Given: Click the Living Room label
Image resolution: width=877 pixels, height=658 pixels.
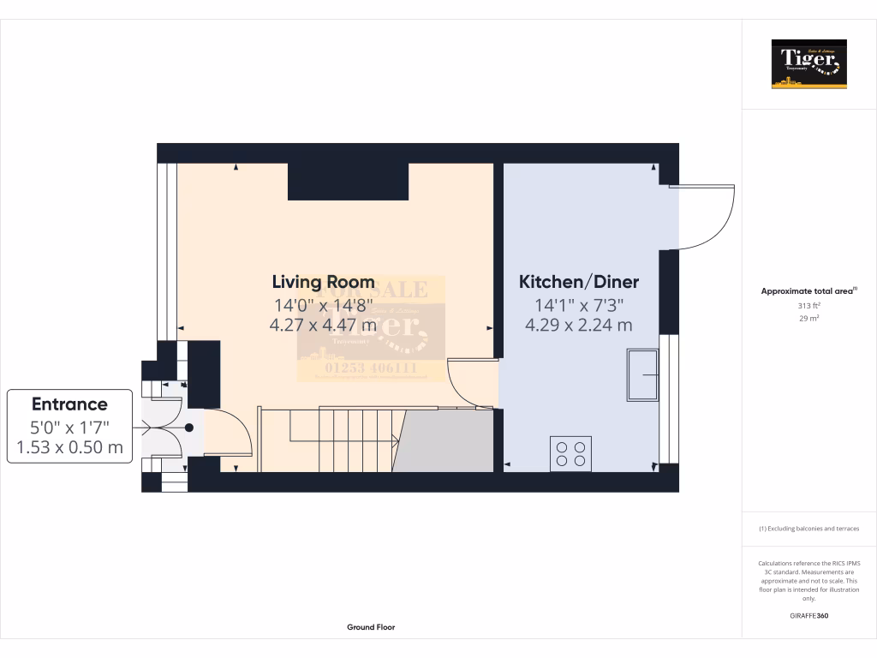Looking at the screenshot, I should [x=323, y=282].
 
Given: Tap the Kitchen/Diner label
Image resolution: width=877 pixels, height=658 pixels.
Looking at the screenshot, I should [x=579, y=282].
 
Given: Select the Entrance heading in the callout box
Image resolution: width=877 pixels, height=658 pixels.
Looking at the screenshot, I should [x=69, y=404].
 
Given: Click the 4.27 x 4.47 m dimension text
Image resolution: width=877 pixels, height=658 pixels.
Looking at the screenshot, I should [x=323, y=325].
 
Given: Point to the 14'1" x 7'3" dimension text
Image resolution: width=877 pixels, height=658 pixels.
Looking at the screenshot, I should [x=579, y=304].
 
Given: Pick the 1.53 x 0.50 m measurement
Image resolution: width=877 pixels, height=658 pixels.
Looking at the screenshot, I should [x=69, y=447].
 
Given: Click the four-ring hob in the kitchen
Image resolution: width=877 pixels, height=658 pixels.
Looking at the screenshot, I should [x=571, y=453].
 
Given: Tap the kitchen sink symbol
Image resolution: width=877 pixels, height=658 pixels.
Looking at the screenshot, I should [x=642, y=374].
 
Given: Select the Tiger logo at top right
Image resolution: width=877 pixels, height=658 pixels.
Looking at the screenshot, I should [x=808, y=64].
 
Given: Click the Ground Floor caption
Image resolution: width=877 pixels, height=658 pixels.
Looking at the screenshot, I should [x=371, y=627].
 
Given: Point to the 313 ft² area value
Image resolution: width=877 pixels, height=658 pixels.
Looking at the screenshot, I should [x=808, y=306].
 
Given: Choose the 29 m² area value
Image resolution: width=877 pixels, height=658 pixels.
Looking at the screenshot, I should [x=808, y=318].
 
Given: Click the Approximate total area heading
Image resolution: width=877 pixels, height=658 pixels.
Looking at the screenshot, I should [x=808, y=291].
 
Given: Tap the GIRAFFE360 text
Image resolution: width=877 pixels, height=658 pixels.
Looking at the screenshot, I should [x=808, y=616].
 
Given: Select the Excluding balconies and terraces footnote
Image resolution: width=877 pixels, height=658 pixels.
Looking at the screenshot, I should [x=808, y=529].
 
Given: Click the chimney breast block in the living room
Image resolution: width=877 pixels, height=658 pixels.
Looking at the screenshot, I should [x=348, y=181].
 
